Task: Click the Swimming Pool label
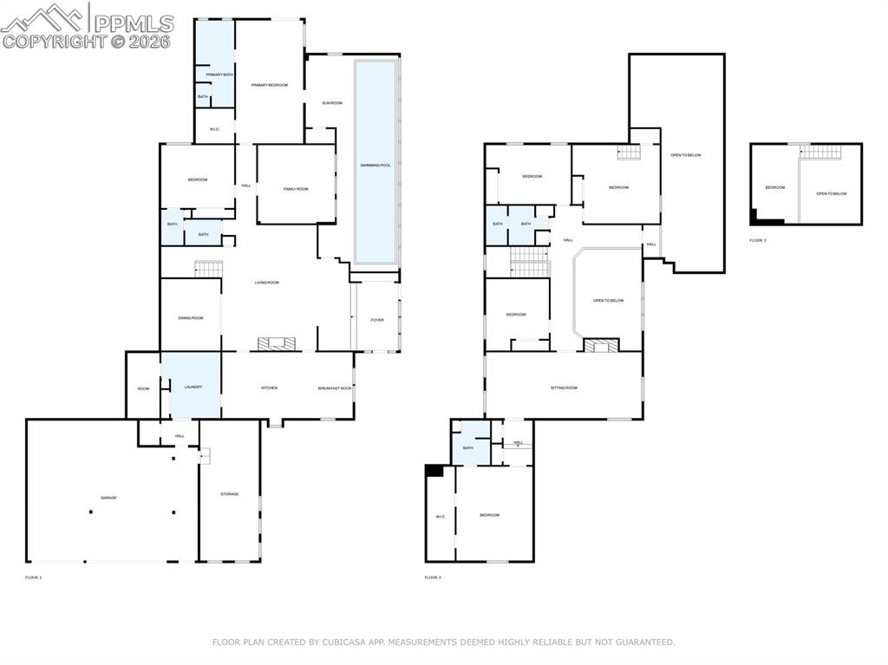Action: pyautogui.click(x=375, y=165)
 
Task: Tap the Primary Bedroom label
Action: pyautogui.click(x=269, y=85)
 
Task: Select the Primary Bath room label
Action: pyautogui.click(x=219, y=75)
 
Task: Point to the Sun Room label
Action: pyautogui.click(x=331, y=103)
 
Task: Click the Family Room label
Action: pyautogui.click(x=296, y=189)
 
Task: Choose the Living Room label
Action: pyautogui.click(x=266, y=283)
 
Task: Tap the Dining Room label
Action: pyautogui.click(x=190, y=318)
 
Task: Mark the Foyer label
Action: pyautogui.click(x=377, y=320)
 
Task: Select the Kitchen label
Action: pyautogui.click(x=270, y=388)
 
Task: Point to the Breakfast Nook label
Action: pyautogui.click(x=334, y=388)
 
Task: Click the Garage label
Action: pyautogui.click(x=108, y=498)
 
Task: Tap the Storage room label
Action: pyautogui.click(x=229, y=494)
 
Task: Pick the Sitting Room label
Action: pyautogui.click(x=564, y=388)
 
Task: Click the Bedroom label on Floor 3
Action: pyautogui.click(x=774, y=187)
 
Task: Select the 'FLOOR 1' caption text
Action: pyautogui.click(x=33, y=577)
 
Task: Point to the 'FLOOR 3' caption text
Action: pyautogui.click(x=758, y=240)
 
